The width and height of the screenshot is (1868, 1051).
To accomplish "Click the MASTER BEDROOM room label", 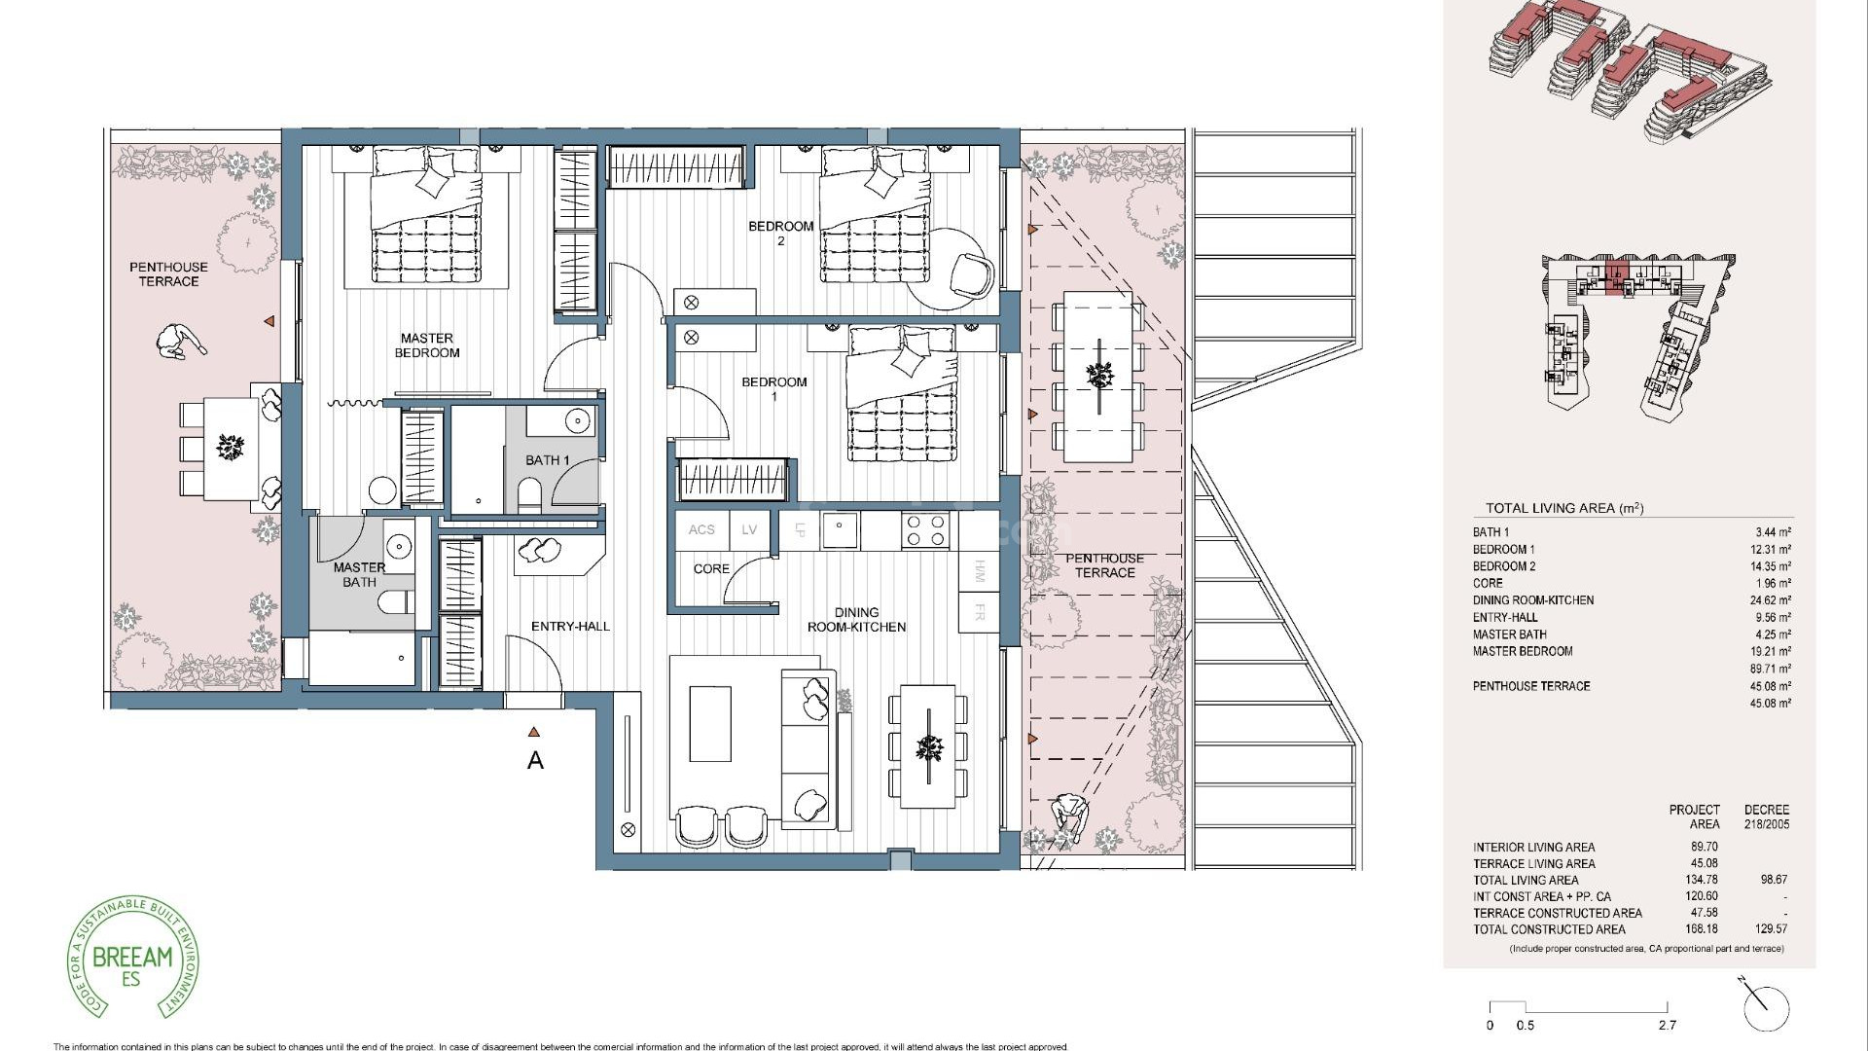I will [x=427, y=345].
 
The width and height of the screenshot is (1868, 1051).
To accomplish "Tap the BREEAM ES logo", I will [x=132, y=958].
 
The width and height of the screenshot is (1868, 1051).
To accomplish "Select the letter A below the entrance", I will [x=535, y=761].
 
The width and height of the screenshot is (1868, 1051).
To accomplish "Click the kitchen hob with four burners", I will [x=925, y=530].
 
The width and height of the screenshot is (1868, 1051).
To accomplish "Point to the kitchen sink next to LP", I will [x=839, y=530].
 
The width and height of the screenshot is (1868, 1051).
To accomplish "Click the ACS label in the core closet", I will [x=701, y=530].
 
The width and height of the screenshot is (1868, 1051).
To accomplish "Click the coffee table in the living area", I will [x=709, y=724].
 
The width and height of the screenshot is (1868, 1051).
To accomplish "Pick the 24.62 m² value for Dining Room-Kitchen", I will [x=1770, y=600].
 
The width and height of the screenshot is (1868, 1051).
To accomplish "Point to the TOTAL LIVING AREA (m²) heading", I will [x=1563, y=508].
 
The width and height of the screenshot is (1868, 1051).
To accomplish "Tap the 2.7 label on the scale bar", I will [x=1668, y=1026].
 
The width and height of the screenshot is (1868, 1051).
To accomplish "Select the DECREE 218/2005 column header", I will [x=1766, y=816].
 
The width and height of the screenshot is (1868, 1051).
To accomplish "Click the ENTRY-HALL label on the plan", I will [x=570, y=626].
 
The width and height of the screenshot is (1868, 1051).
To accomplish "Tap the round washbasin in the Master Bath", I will [x=399, y=545].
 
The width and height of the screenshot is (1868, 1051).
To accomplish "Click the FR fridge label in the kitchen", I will [x=979, y=614].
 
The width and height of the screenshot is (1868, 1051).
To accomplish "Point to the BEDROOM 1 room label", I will [x=773, y=388].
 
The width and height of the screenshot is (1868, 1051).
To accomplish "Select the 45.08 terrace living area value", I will [x=1704, y=863].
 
